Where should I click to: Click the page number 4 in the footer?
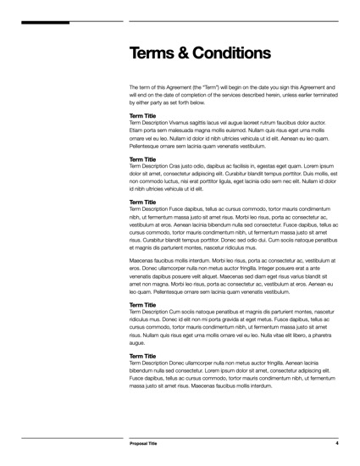point(336,443)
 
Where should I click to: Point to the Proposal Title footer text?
point(145,443)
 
